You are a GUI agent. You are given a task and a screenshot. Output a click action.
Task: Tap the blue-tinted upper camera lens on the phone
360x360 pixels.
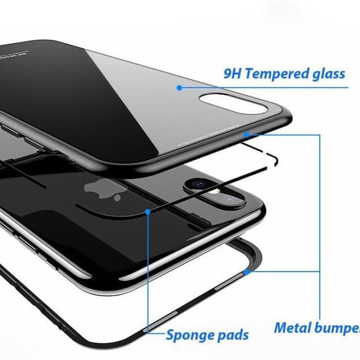[199, 183]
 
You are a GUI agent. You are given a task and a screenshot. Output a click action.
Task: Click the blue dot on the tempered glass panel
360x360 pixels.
[179, 88]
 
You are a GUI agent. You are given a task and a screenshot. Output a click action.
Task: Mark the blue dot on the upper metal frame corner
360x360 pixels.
[247, 134]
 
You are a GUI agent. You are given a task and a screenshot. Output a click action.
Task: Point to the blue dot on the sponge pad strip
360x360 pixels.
[147, 212]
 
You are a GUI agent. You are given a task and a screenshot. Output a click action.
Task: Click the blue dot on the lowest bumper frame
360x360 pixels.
[247, 272]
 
